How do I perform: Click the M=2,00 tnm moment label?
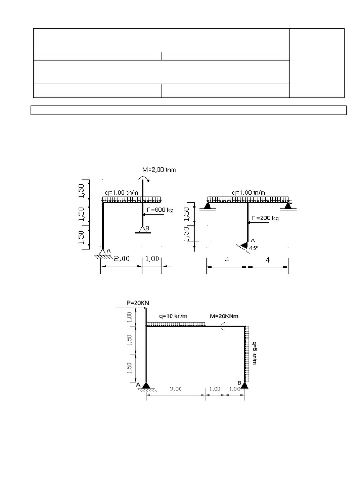(159, 170)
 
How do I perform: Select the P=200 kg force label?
(265, 218)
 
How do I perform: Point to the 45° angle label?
(254, 248)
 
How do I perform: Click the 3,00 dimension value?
(175, 389)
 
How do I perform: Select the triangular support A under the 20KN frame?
(146, 385)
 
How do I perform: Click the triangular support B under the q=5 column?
(245, 385)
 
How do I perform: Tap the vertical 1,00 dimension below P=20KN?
(130, 317)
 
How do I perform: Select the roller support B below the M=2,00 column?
(142, 229)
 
